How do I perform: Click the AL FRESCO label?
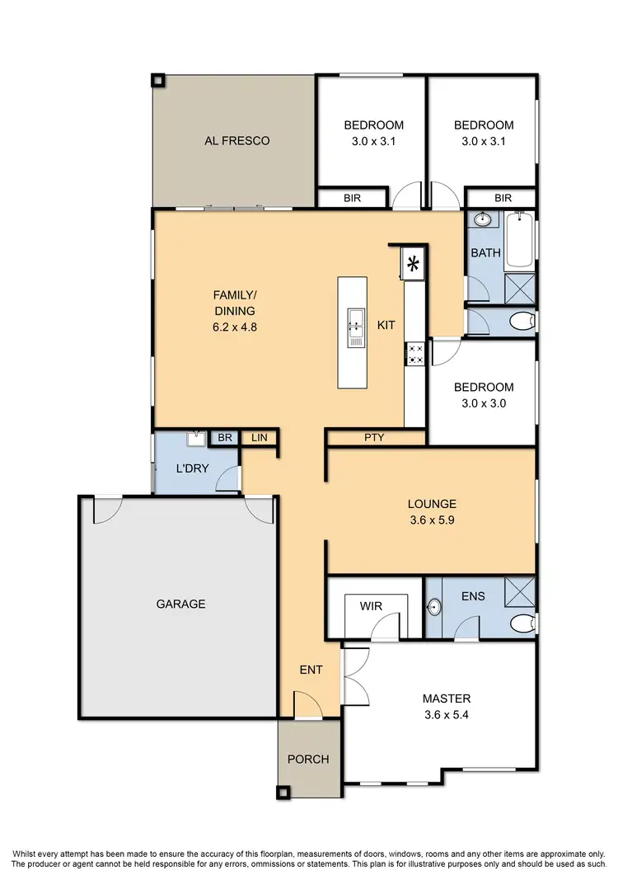tap(236, 141)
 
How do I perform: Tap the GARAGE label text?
tap(180, 605)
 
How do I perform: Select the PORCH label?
tap(307, 760)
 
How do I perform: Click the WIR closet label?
tap(371, 606)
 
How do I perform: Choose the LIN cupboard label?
tap(260, 438)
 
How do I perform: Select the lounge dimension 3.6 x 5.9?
tap(432, 520)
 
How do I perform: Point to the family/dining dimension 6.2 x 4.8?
tap(234, 327)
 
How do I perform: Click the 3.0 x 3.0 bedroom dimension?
tap(483, 403)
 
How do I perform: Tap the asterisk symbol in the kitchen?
tap(414, 265)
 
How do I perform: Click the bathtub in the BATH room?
tap(520, 241)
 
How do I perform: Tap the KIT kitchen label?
tap(386, 326)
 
